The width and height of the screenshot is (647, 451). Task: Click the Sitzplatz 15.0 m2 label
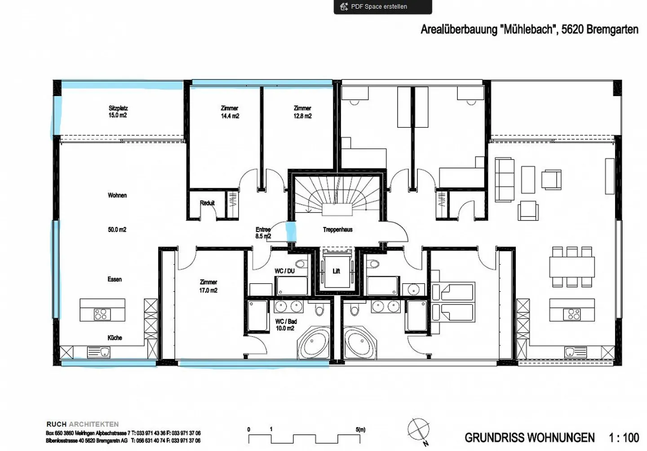(118, 112)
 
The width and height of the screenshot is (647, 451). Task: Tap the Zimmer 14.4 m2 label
(230, 112)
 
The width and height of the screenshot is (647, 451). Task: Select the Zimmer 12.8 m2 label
(302, 112)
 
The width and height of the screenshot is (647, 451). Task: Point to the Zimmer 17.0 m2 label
(208, 286)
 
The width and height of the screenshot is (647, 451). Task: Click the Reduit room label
(207, 203)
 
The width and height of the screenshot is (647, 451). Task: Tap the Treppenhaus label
(337, 230)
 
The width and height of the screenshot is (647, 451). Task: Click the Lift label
(336, 271)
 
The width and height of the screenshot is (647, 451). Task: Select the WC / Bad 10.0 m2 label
(286, 325)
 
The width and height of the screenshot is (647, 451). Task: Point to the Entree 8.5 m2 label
(263, 233)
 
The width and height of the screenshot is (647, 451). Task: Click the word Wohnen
(117, 195)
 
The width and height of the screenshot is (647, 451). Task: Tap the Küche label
(115, 338)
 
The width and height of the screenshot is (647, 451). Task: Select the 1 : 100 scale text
(624, 438)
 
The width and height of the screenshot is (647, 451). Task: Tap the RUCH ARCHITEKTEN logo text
(83, 424)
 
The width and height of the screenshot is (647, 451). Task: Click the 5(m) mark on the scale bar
(360, 430)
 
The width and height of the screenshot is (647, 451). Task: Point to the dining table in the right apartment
(572, 267)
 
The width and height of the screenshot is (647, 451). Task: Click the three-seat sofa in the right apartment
(504, 180)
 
